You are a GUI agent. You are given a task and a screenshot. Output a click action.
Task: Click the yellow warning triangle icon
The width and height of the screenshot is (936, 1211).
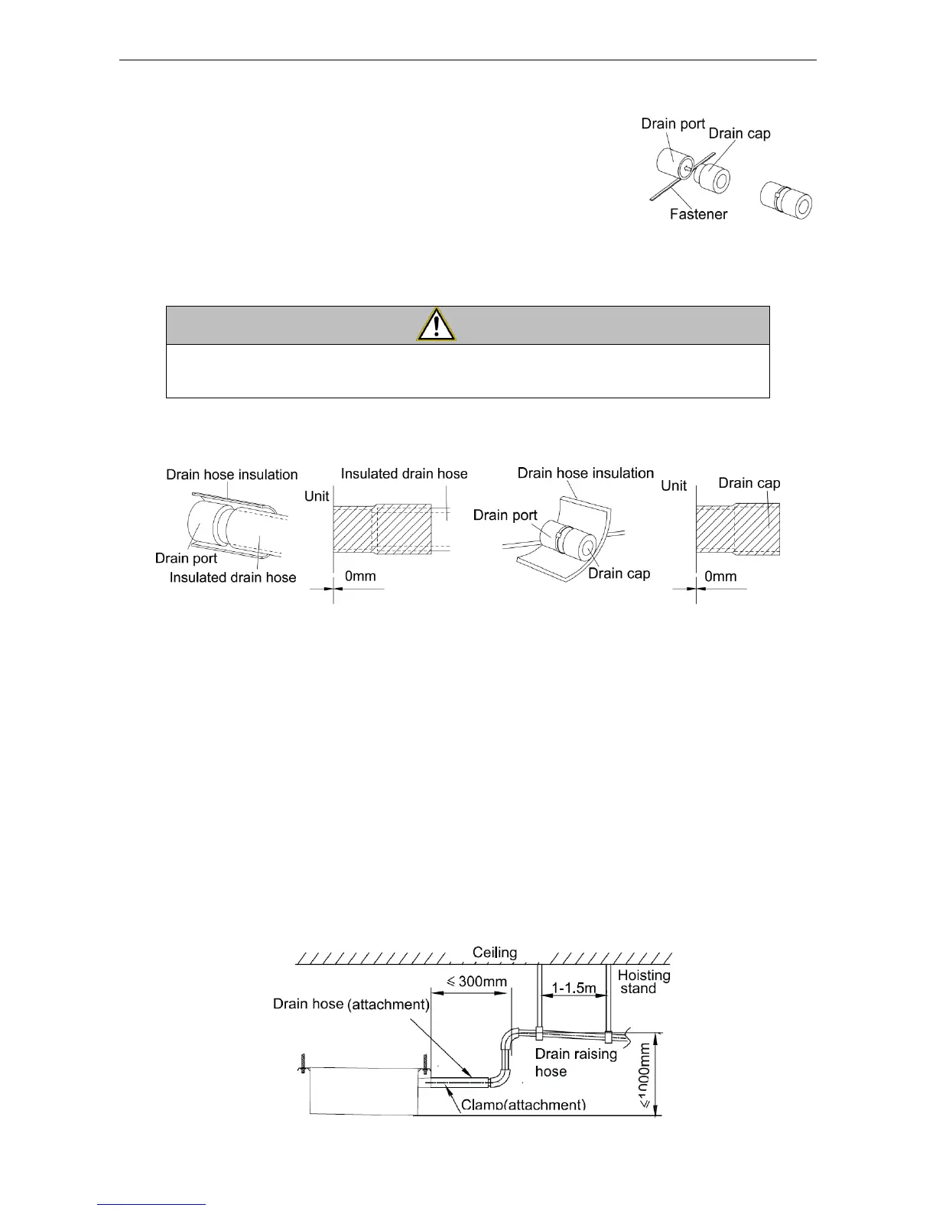436,326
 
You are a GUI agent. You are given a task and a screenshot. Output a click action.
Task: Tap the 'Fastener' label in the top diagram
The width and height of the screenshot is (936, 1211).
698,214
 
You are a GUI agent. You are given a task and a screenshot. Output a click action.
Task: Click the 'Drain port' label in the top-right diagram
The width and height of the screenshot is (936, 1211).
673,124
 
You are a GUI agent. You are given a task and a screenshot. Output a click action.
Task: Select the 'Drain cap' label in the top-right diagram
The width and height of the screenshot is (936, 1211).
739,133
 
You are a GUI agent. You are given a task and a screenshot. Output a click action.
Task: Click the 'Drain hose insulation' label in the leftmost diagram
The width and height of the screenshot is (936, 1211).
232,475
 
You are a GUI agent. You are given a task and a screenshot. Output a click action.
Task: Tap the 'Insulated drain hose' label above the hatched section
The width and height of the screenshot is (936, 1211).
404,474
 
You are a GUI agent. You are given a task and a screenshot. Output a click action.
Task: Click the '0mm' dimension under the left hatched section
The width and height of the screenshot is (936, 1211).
360,576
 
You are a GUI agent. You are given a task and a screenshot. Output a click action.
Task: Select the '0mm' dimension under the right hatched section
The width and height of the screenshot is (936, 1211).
720,576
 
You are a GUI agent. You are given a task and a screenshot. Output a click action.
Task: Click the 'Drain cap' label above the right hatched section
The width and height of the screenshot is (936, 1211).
749,483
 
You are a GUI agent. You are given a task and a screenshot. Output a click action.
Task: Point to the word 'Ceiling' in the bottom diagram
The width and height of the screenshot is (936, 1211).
495,953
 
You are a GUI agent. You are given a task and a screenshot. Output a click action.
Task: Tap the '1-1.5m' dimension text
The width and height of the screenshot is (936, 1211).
574,988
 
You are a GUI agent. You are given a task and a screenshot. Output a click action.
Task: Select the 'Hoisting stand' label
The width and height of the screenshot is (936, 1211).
644,982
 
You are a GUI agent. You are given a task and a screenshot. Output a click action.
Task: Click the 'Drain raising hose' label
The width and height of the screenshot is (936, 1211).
576,1062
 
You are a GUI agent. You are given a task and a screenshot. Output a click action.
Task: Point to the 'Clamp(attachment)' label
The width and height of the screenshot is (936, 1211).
523,1105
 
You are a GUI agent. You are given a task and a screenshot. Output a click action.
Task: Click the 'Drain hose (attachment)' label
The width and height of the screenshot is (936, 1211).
350,1004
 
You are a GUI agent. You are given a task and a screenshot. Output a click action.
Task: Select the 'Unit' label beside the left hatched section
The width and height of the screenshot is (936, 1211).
317,496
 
